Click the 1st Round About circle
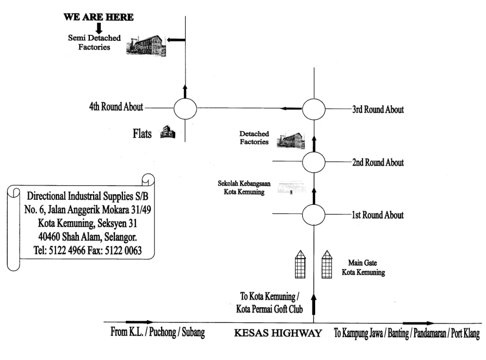(314, 214)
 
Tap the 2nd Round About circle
(314, 162)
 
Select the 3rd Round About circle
(314, 109)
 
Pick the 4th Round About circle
(185, 108)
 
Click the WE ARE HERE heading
(99, 17)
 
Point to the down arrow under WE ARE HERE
(99, 28)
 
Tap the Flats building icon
(168, 132)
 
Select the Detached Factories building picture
(291, 140)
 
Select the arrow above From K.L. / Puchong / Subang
(139, 322)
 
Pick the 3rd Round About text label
(378, 109)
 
